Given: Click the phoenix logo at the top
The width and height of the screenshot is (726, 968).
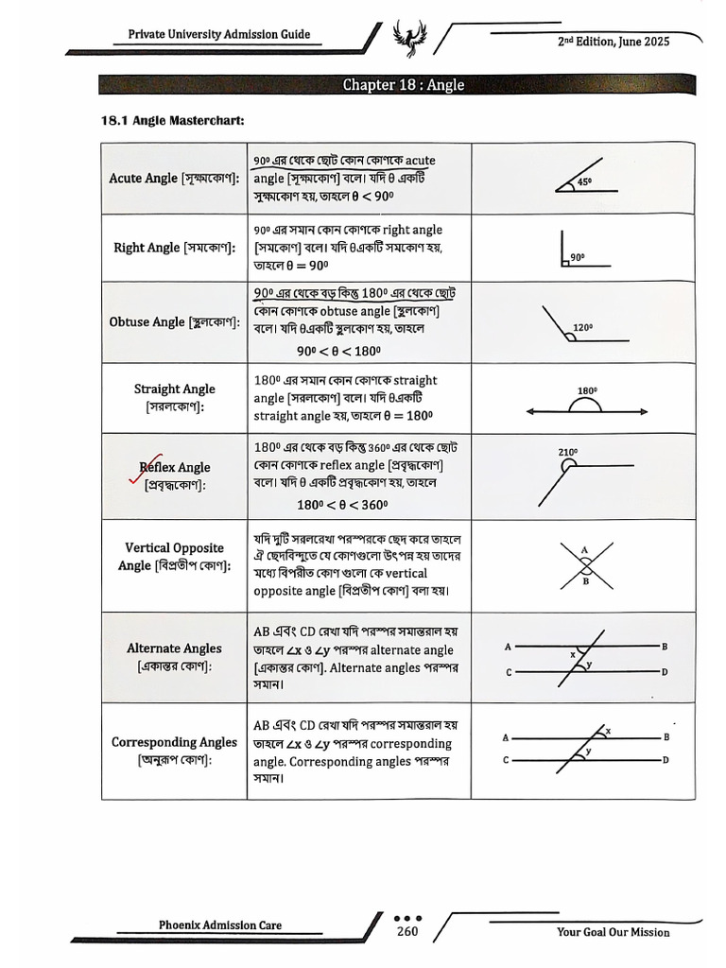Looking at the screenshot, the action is (408, 37).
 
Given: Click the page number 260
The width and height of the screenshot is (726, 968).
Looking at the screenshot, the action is (407, 931).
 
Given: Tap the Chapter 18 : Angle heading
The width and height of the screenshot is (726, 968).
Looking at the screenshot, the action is (403, 84).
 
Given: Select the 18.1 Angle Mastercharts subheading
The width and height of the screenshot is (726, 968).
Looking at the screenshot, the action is (173, 120).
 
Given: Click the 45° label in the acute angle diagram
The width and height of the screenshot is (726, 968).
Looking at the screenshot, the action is (584, 181).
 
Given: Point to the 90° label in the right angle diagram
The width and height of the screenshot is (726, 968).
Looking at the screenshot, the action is (578, 257).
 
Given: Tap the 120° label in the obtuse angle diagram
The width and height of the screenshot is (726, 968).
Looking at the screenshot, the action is (582, 327).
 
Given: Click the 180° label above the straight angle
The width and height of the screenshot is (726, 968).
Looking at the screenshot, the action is (587, 390).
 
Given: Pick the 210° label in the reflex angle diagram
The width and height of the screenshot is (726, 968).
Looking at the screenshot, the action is (568, 452).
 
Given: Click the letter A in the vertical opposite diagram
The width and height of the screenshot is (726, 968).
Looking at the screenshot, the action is (584, 550).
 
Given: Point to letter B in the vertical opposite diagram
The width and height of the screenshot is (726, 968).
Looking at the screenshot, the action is (586, 581).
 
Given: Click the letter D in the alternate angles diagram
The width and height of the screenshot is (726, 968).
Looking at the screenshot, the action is (665, 672).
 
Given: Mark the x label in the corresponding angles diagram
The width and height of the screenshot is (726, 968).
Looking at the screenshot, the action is (608, 731).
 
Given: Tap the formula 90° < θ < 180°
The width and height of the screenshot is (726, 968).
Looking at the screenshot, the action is (338, 351).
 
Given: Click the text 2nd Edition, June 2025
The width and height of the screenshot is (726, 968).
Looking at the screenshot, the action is (614, 42).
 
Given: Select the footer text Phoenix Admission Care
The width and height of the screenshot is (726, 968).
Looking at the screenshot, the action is (219, 925).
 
